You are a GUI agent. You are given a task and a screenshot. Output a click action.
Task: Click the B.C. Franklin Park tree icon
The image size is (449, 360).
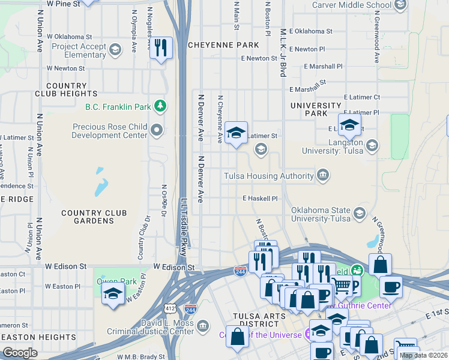160,107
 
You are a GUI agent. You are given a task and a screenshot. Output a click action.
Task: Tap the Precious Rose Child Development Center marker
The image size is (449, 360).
157,130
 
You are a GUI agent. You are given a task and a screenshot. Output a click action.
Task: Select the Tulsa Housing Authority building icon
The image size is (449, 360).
323,175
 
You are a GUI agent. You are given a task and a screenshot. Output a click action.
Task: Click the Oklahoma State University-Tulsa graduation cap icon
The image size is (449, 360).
359,214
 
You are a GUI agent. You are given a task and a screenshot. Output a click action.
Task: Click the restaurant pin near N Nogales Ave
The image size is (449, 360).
160,48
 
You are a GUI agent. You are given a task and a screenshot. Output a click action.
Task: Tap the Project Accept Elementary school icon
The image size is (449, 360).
114,50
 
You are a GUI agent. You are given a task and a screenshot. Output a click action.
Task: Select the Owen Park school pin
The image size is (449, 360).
112,295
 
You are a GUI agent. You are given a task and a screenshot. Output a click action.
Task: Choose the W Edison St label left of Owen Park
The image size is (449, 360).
66,266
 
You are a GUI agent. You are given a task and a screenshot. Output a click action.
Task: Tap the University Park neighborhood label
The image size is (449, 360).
315,109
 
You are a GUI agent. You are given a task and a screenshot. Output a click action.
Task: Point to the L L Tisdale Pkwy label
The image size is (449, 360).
183,222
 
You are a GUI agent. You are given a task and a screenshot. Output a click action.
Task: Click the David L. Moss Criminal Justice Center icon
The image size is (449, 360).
203,326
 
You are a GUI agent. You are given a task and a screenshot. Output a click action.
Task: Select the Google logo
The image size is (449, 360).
20,352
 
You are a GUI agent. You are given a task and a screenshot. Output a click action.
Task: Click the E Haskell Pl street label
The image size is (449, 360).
261,198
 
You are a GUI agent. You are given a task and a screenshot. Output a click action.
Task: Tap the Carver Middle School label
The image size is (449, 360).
352,5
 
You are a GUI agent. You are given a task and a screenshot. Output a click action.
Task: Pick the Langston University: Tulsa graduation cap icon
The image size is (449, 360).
372,145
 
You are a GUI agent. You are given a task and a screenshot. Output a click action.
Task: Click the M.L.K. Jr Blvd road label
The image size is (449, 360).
282,51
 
